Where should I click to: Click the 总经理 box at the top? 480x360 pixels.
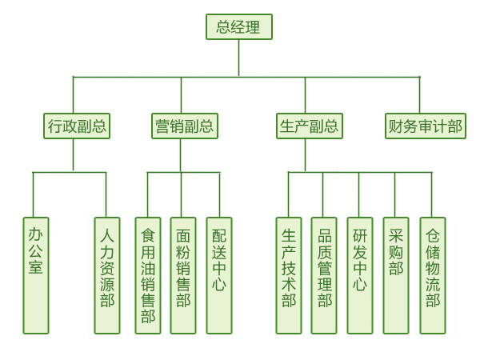pyautogui.click(x=238, y=26)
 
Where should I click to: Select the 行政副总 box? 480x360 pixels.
pyautogui.click(x=76, y=126)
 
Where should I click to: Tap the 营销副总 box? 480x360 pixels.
pyautogui.click(x=184, y=126)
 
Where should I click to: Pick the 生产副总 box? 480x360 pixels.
pyautogui.click(x=309, y=126)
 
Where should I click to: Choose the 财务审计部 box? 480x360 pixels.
pyautogui.click(x=426, y=126)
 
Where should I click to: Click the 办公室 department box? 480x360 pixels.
pyautogui.click(x=36, y=275)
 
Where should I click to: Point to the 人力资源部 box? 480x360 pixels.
pyautogui.click(x=107, y=275)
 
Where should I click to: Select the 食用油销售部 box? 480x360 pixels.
pyautogui.click(x=148, y=275)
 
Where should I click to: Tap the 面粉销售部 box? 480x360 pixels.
pyautogui.click(x=183, y=275)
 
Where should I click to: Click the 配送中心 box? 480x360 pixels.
pyautogui.click(x=219, y=275)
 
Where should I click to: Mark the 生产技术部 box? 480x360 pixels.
pyautogui.click(x=289, y=275)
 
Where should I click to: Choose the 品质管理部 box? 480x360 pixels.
pyautogui.click(x=324, y=275)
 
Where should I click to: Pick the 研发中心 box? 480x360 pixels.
pyautogui.click(x=360, y=275)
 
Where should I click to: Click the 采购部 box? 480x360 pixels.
pyautogui.click(x=396, y=275)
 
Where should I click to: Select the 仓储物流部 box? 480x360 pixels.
pyautogui.click(x=433, y=275)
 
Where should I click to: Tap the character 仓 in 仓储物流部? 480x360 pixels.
pyautogui.click(x=433, y=236)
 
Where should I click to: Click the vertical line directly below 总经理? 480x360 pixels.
pyautogui.click(x=238, y=58)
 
